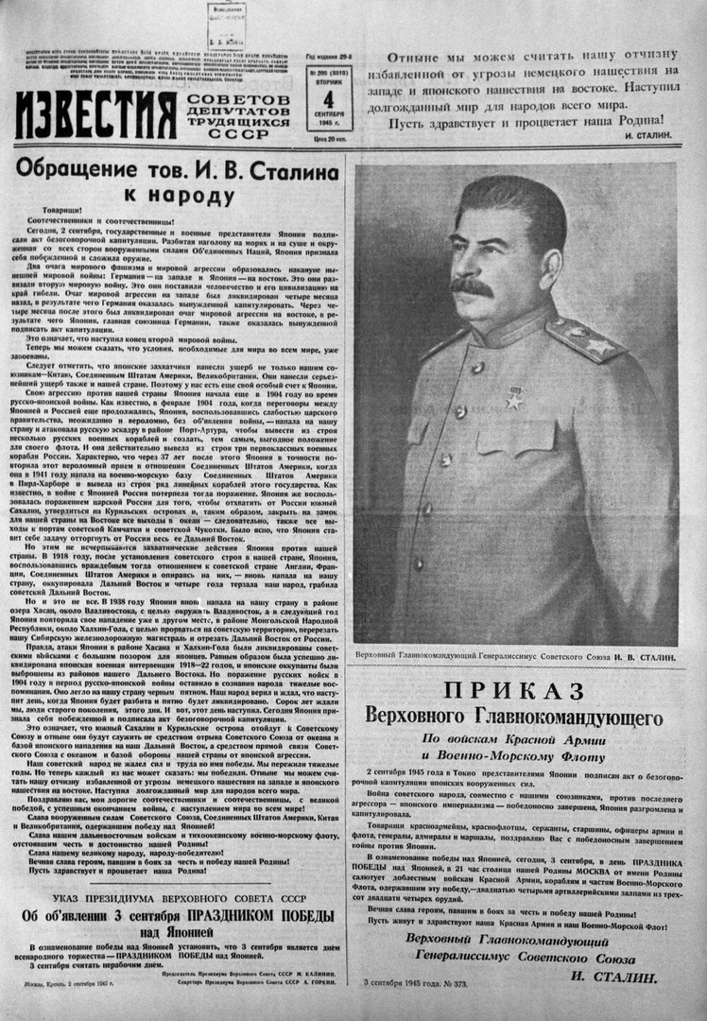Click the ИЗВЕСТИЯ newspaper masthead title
pyautogui.click(x=95, y=116)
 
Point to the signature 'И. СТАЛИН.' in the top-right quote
pyautogui.click(x=647, y=136)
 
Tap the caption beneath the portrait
pyautogui.click(x=511, y=656)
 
